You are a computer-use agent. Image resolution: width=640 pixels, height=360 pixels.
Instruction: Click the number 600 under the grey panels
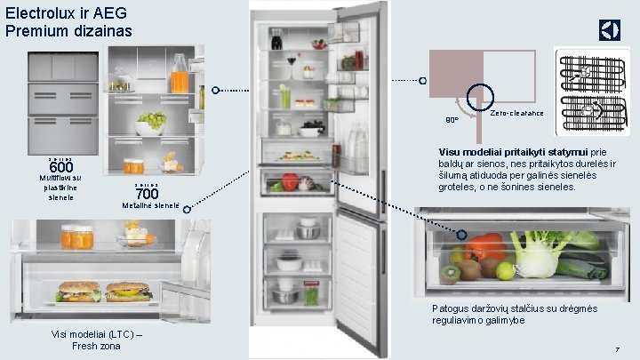coord(61,168)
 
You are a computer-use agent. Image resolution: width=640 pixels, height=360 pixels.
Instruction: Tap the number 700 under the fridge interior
coord(147,194)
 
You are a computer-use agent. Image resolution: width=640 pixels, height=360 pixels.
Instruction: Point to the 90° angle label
coord(451,119)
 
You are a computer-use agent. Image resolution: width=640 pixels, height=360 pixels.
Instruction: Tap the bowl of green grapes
coord(151,120)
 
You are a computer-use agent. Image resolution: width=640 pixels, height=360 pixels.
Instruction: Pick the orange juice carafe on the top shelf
coord(180,76)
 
